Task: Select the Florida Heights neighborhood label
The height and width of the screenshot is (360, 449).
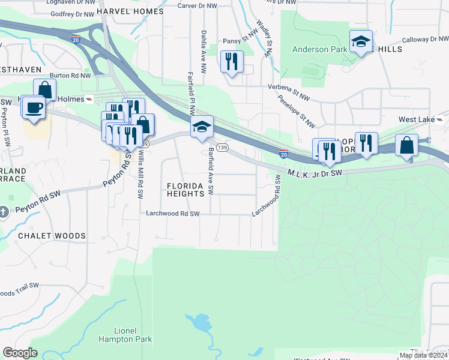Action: click(186, 190)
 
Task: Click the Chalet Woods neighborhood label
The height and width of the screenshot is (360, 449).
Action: click(52, 236)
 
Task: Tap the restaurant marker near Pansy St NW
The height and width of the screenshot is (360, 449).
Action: click(231, 61)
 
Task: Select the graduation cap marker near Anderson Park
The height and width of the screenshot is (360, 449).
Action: click(361, 41)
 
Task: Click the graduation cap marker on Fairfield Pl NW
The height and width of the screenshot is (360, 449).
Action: click(202, 127)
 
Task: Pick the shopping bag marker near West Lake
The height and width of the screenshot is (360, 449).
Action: click(407, 145)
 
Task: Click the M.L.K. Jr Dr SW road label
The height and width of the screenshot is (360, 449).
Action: click(315, 173)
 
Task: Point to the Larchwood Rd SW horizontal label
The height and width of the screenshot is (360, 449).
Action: click(178, 213)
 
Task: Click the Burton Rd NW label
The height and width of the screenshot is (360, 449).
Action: click(70, 76)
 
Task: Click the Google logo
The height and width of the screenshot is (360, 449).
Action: click(20, 353)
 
